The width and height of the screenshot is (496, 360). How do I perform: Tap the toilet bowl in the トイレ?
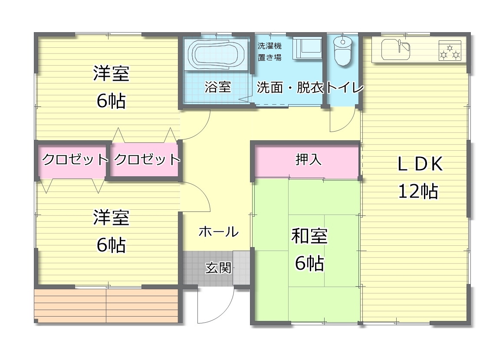pyautogui.click(x=343, y=51)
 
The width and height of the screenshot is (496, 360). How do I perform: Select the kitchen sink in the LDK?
pyautogui.click(x=396, y=50)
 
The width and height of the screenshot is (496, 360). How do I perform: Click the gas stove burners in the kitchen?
pyautogui.click(x=450, y=50)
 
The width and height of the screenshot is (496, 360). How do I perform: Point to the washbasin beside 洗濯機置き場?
pyautogui.click(x=307, y=48)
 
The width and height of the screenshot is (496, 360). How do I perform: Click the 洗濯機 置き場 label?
pyautogui.click(x=269, y=52)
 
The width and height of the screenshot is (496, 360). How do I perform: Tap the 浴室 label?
pyautogui.click(x=218, y=87)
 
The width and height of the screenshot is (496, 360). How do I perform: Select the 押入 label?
pyautogui.click(x=309, y=159)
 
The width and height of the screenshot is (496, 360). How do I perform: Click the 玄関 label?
pyautogui.click(x=218, y=268)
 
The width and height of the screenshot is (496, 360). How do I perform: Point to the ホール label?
pyautogui.click(x=219, y=232)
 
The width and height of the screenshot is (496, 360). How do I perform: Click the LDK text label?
pyautogui.click(x=420, y=164)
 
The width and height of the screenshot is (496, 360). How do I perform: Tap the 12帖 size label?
pyautogui.click(x=418, y=191)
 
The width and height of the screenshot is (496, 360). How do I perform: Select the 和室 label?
pyautogui.click(x=309, y=236)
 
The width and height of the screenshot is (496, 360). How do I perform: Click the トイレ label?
pyautogui.click(x=345, y=87)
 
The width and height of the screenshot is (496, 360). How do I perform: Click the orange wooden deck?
pyautogui.click(x=106, y=306)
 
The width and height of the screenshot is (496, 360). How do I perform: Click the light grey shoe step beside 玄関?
pyautogui.click(x=241, y=268)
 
